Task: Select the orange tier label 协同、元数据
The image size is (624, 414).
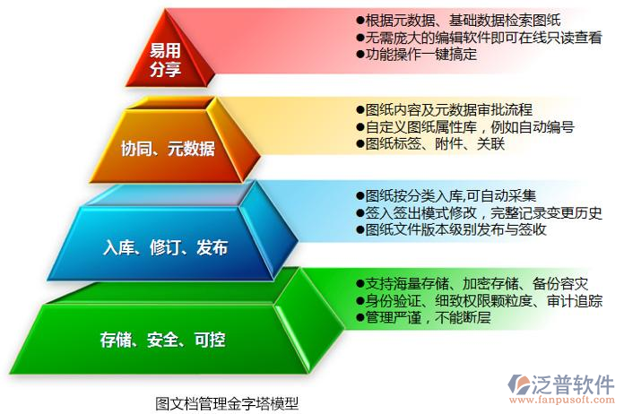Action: tap(168, 150)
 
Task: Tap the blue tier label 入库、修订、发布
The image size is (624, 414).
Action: tap(165, 247)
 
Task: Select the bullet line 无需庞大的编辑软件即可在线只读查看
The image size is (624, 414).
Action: tap(479, 37)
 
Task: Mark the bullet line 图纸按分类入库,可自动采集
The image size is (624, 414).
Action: tap(446, 195)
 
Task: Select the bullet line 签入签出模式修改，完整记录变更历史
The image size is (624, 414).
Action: tap(479, 212)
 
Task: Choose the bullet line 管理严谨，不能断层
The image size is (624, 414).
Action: tap(422, 317)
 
